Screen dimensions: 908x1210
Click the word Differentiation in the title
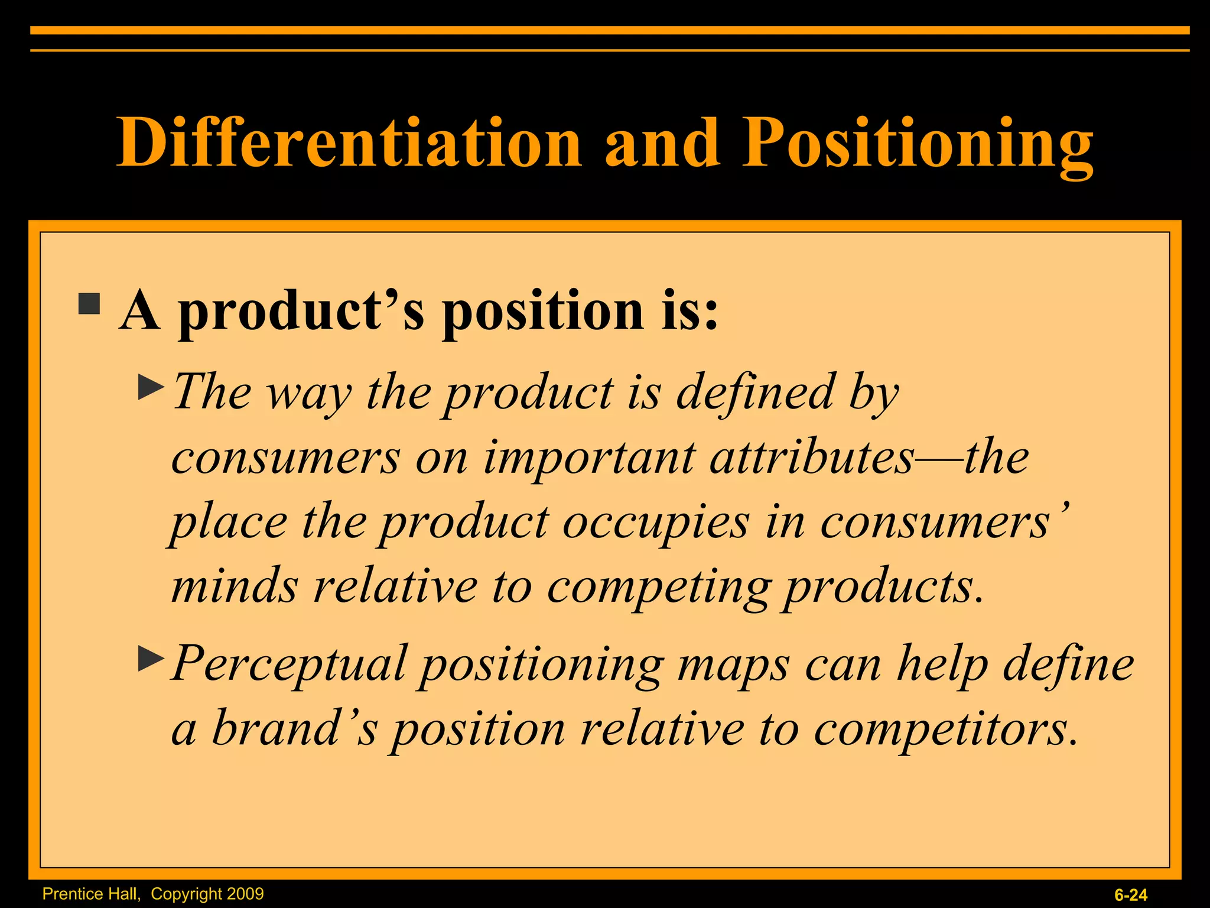coord(349,142)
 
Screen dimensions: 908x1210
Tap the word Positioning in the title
coord(918,142)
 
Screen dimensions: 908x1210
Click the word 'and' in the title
coord(662,142)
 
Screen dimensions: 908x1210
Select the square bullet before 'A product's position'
coord(89,304)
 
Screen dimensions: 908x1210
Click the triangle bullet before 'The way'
coord(151,388)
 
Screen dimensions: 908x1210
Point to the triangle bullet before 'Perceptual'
coord(151,659)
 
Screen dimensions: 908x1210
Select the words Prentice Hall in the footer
coord(91,894)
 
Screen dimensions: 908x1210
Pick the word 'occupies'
coord(656,523)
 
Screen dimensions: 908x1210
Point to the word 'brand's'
coord(294,728)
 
